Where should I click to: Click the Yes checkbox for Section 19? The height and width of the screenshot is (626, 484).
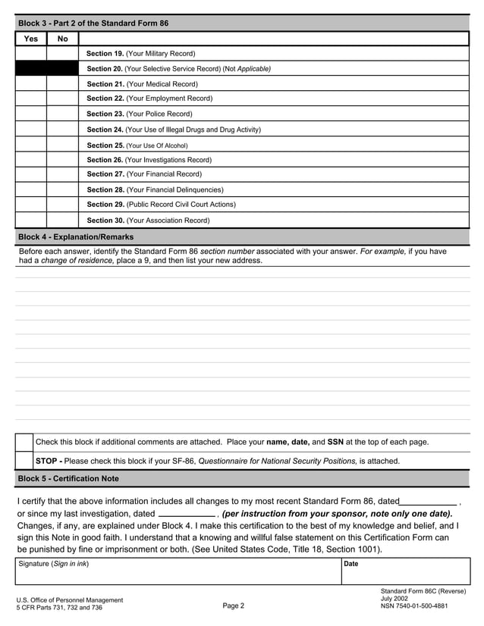[x=31, y=54]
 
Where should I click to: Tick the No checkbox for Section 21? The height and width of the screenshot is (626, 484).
[x=62, y=84]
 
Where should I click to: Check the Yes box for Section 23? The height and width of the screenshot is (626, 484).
[x=31, y=114]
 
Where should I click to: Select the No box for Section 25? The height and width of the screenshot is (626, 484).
[x=62, y=145]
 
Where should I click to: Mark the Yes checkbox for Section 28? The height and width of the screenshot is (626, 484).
[x=31, y=189]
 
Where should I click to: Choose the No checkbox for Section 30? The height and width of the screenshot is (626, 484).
[x=62, y=221]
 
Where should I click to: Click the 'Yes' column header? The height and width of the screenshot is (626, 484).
[x=31, y=39]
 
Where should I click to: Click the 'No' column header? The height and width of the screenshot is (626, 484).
[x=62, y=39]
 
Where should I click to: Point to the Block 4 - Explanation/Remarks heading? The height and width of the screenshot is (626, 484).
[x=76, y=237]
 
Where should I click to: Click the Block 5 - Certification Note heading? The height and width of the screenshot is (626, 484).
[x=68, y=479]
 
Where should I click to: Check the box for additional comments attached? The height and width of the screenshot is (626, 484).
[x=24, y=442]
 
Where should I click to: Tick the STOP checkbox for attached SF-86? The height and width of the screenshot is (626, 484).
[x=24, y=461]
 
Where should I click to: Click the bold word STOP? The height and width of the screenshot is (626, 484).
[x=47, y=461]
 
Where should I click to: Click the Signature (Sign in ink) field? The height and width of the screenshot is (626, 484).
[x=178, y=574]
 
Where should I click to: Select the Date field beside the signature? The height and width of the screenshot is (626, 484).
[x=404, y=574]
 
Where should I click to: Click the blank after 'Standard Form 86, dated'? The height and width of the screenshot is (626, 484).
[x=428, y=501]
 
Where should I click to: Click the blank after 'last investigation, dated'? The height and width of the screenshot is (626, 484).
[x=187, y=514]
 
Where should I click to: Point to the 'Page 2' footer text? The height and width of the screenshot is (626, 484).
[x=234, y=606]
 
